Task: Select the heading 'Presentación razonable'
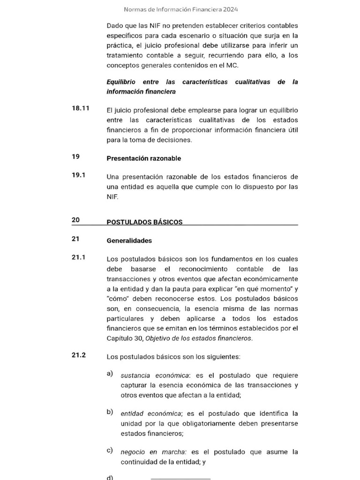(x=143, y=158)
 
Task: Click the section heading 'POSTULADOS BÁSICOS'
(x=144, y=222)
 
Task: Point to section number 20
(x=75, y=220)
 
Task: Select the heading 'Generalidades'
(x=129, y=240)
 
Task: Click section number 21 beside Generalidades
(x=75, y=239)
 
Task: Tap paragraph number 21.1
(x=78, y=257)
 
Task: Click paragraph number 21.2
(x=78, y=355)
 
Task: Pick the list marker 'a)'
(x=110, y=374)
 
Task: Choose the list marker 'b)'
(x=110, y=412)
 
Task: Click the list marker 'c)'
(x=110, y=450)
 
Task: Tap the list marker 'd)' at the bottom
(x=110, y=478)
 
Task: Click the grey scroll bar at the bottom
(x=180, y=479)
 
